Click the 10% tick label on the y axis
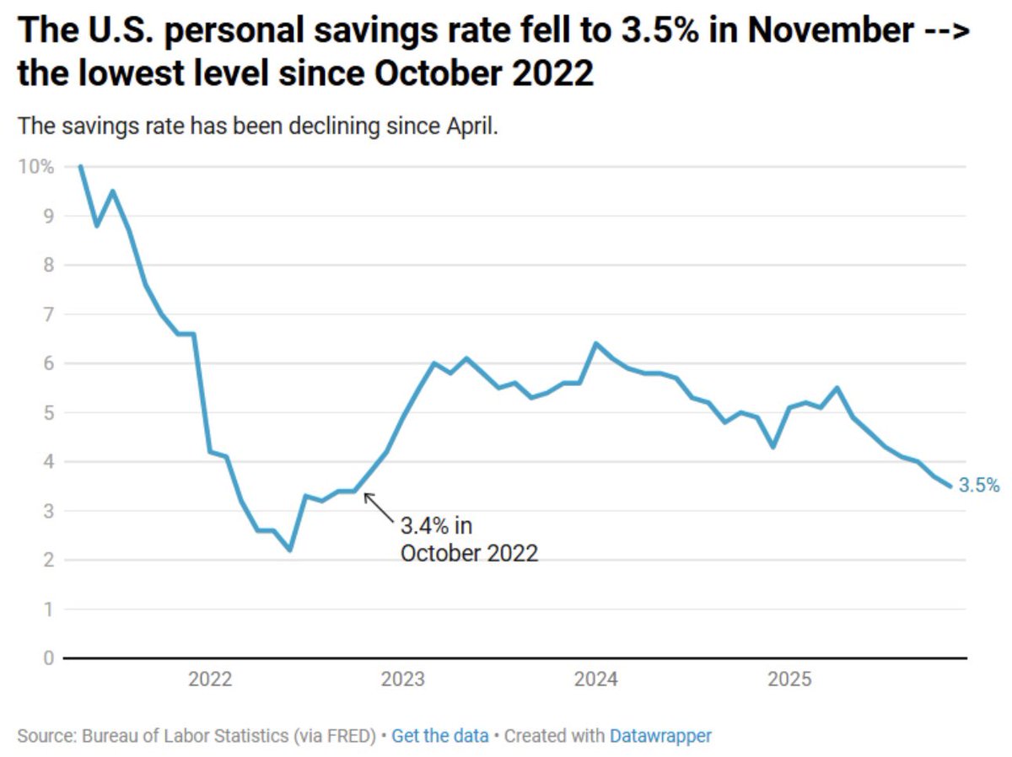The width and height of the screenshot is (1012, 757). (35, 166)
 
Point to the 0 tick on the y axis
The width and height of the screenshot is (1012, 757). (49, 658)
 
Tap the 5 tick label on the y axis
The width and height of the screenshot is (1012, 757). (49, 412)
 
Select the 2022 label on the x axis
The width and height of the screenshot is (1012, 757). (210, 679)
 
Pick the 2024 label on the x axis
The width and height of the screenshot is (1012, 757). (595, 679)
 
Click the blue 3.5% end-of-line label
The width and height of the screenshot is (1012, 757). (979, 486)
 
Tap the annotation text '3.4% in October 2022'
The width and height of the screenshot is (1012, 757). (468, 540)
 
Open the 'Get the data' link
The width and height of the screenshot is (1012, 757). (439, 736)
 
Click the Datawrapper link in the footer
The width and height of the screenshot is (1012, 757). (660, 736)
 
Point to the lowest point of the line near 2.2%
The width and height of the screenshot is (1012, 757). (290, 550)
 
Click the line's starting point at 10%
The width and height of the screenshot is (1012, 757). (80, 166)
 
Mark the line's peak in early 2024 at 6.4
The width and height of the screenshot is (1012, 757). (595, 343)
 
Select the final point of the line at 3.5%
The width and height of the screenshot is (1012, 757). (950, 486)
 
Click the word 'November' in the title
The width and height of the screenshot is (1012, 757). (831, 32)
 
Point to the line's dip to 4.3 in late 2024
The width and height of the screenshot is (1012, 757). (773, 447)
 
